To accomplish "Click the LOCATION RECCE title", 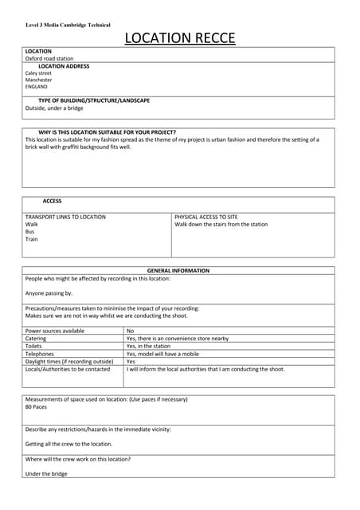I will [179, 37].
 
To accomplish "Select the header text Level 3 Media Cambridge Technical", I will [68, 25].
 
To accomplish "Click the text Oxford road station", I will [49, 58].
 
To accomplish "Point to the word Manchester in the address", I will [38, 80].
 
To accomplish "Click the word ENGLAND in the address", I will [37, 87].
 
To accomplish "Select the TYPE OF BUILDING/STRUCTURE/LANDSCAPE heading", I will [94, 100].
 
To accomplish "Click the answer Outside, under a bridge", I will [54, 108].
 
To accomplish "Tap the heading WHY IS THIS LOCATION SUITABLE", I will [107, 132].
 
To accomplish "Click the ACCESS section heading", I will [52, 201].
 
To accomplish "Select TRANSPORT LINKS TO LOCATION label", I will [65, 217].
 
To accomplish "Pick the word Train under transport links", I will [32, 239].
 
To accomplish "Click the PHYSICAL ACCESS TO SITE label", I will [206, 217].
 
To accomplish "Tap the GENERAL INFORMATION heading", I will [178, 271].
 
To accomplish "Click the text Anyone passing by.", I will [49, 293].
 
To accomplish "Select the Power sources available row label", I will [55, 331].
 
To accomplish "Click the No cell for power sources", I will [131, 331].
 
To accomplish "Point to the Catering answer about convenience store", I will [178, 339].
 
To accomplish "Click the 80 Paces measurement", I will [37, 406].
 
